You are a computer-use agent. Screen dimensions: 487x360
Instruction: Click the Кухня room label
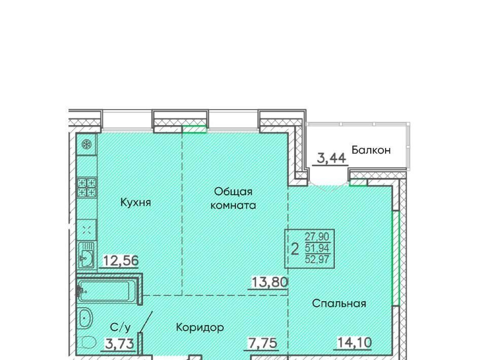(x=135, y=203)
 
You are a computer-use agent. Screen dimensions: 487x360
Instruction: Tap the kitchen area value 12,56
(x=121, y=261)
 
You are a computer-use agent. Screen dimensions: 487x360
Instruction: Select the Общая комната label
(x=233, y=199)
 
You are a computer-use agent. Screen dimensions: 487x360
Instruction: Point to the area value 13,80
(x=269, y=282)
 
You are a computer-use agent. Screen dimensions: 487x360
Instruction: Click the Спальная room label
(x=339, y=303)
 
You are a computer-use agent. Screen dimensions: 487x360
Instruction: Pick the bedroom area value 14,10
(x=354, y=343)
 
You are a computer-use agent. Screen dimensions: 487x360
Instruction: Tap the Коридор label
(x=200, y=327)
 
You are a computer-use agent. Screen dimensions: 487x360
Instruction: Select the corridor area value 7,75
(x=262, y=343)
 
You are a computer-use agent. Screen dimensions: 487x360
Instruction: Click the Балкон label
(x=371, y=150)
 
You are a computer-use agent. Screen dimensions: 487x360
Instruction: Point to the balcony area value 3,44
(x=331, y=158)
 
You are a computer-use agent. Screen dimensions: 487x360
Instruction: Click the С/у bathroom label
(x=121, y=327)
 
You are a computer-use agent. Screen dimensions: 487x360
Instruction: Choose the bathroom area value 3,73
(x=120, y=344)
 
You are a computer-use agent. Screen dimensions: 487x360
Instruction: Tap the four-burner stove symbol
(x=87, y=188)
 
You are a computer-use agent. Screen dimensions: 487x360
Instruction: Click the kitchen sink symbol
(x=86, y=255)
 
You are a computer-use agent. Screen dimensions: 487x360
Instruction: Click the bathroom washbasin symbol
(x=85, y=318)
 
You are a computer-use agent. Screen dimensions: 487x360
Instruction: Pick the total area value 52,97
(x=317, y=259)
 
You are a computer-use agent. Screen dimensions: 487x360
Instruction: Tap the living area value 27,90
(x=317, y=237)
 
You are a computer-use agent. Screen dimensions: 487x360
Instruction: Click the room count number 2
(x=295, y=249)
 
